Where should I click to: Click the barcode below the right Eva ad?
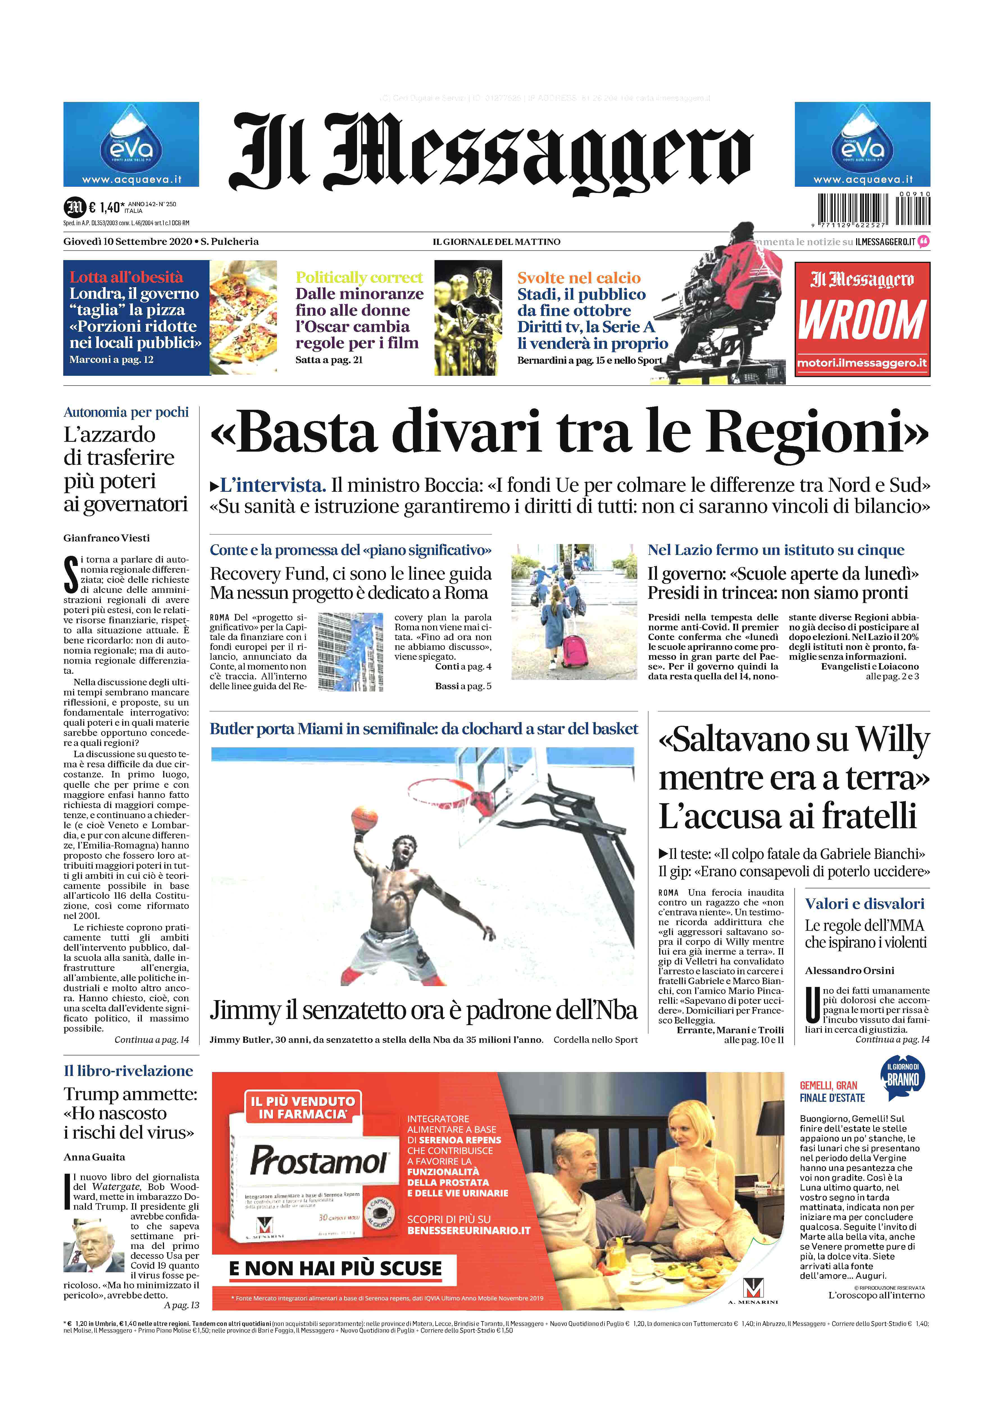pyautogui.click(x=874, y=209)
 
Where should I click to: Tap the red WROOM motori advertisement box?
pyautogui.click(x=862, y=319)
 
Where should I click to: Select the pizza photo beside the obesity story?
pyautogui.click(x=243, y=317)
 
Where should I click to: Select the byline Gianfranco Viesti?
pyautogui.click(x=106, y=538)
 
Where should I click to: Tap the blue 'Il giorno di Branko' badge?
pyautogui.click(x=902, y=1078)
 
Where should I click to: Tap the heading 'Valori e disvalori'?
pyautogui.click(x=864, y=904)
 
